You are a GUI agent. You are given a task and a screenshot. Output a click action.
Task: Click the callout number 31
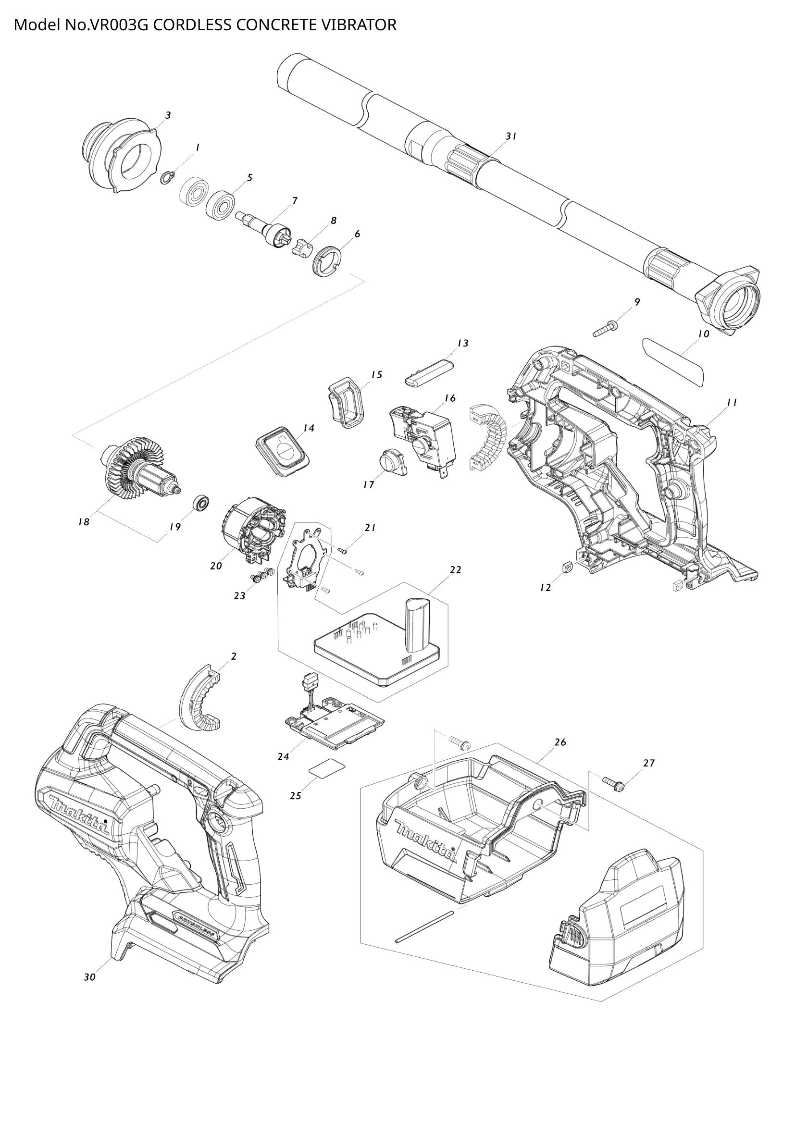click(511, 136)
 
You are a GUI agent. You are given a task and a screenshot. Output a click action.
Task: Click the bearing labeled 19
click(201, 502)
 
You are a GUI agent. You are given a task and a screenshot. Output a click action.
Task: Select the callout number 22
click(455, 570)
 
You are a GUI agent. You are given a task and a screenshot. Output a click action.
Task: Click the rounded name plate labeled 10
click(674, 361)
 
